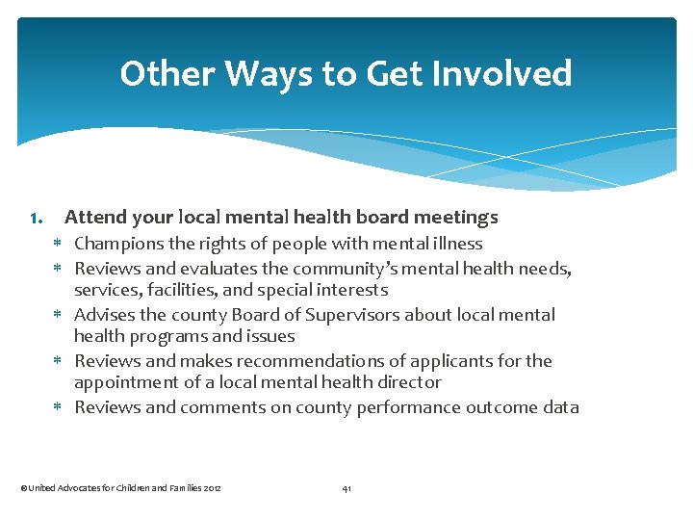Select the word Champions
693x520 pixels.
click(x=118, y=244)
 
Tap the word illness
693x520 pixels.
click(x=457, y=244)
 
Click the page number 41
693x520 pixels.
click(x=346, y=489)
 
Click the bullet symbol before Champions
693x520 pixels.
click(x=57, y=245)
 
